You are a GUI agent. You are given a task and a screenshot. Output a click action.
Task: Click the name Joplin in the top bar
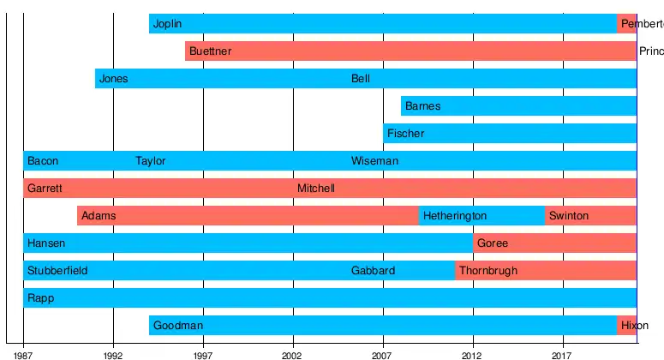pyautogui.click(x=167, y=24)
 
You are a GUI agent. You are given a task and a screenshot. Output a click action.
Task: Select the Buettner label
pyautogui.click(x=210, y=51)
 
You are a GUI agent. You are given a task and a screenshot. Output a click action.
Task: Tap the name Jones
pyautogui.click(x=113, y=79)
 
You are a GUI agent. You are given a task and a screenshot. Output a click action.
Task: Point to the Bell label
pyautogui.click(x=361, y=79)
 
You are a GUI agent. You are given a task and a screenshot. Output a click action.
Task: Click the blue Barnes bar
pyautogui.click(x=518, y=106)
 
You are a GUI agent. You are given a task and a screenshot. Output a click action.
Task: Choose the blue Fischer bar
pyautogui.click(x=510, y=134)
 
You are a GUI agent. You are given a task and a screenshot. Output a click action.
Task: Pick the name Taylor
pyautogui.click(x=151, y=161)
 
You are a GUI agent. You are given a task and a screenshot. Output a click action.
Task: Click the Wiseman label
pyautogui.click(x=374, y=161)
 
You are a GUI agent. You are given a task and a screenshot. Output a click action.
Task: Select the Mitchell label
pyautogui.click(x=316, y=189)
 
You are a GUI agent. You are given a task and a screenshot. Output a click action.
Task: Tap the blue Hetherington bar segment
pyautogui.click(x=482, y=216)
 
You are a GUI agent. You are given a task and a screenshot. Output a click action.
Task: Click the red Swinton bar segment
pyautogui.click(x=590, y=216)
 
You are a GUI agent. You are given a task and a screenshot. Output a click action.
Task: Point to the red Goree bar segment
pyautogui.click(x=554, y=243)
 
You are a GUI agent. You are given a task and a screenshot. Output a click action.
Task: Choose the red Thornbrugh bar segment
pyautogui.click(x=546, y=271)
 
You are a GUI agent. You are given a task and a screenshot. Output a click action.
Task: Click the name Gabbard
pyautogui.click(x=374, y=271)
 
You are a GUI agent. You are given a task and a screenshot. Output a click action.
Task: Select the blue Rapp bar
pyautogui.click(x=330, y=298)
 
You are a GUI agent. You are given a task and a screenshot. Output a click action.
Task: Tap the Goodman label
pyautogui.click(x=178, y=326)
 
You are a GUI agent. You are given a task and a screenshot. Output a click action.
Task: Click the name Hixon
pyautogui.click(x=635, y=326)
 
